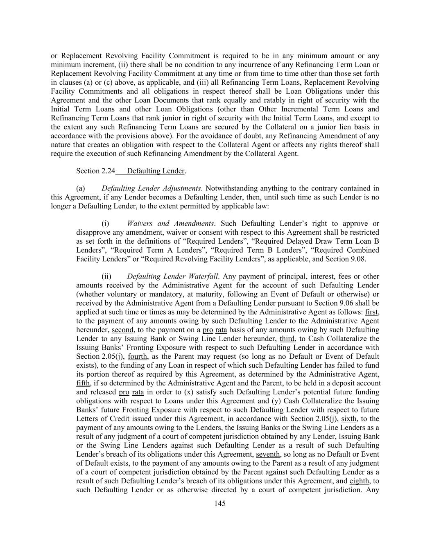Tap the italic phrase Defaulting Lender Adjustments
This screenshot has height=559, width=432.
[x=151, y=188]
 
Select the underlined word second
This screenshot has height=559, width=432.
[x=122, y=330]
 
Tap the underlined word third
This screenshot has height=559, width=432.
[x=287, y=339]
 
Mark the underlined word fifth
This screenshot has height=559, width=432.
[x=83, y=383]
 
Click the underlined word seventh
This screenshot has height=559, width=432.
[x=268, y=454]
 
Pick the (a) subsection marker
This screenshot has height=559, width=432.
[x=81, y=188]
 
